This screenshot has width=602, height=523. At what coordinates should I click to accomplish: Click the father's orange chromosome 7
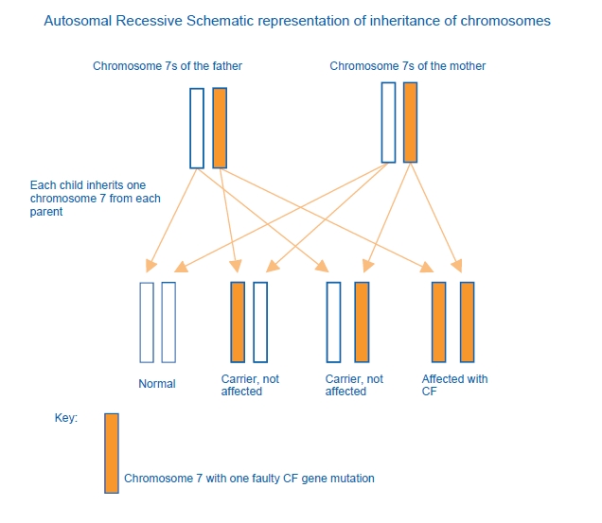click(220, 128)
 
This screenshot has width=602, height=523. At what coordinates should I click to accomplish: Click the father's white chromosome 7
click(197, 128)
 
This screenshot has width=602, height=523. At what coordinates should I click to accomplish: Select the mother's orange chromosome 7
click(410, 122)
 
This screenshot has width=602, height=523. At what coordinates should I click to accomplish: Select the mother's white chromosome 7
click(388, 122)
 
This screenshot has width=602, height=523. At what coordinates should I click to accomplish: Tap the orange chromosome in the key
click(112, 452)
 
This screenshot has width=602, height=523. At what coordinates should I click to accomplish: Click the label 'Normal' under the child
click(156, 384)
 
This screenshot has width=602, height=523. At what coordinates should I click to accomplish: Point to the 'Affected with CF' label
click(454, 385)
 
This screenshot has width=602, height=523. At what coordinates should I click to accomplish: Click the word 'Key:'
click(66, 417)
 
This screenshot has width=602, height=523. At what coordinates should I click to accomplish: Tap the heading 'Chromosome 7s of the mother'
click(408, 66)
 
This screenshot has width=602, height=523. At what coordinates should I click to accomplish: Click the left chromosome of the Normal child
click(147, 322)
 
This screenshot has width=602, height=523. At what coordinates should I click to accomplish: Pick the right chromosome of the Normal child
click(168, 322)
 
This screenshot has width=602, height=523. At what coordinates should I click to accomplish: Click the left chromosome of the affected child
click(439, 322)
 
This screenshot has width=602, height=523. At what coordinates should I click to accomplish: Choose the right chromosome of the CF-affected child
click(467, 322)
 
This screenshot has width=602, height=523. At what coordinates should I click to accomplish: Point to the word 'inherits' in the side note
click(107, 185)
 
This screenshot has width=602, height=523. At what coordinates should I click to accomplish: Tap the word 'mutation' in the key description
click(350, 479)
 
